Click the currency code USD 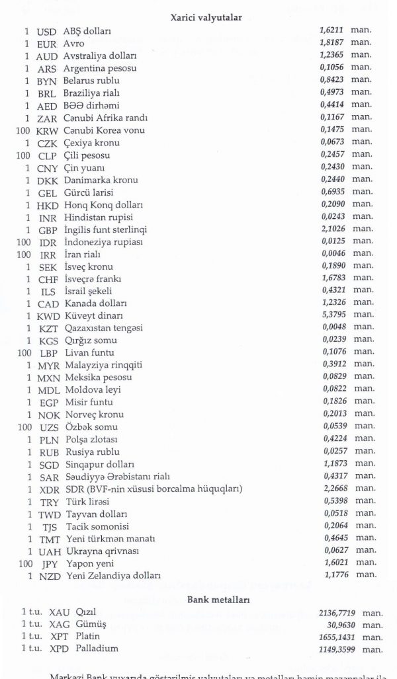[47, 30]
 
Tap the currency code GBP [47, 230]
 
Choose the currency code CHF [47, 280]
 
